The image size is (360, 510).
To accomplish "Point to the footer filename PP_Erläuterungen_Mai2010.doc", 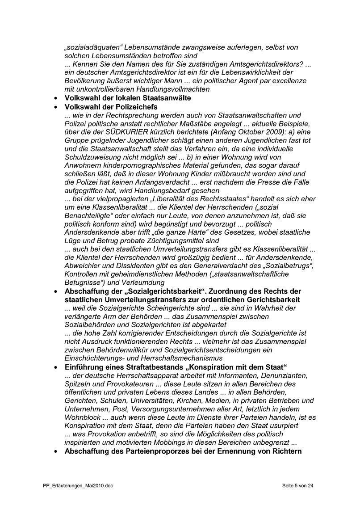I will (75, 485).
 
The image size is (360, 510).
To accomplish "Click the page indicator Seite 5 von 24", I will (298, 485).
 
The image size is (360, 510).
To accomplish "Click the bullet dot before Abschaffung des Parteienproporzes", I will (55, 451).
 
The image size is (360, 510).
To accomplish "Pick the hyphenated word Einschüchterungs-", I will (101, 358).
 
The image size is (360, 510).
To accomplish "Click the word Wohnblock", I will (81, 417).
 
